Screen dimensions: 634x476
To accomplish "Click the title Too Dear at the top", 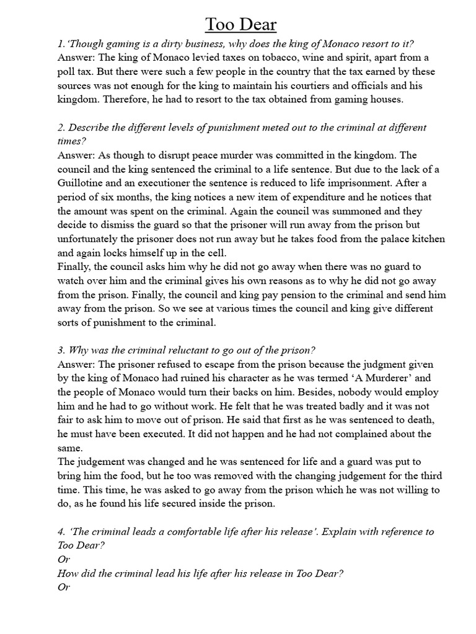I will [x=241, y=25].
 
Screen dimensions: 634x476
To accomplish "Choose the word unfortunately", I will [x=101, y=239].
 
